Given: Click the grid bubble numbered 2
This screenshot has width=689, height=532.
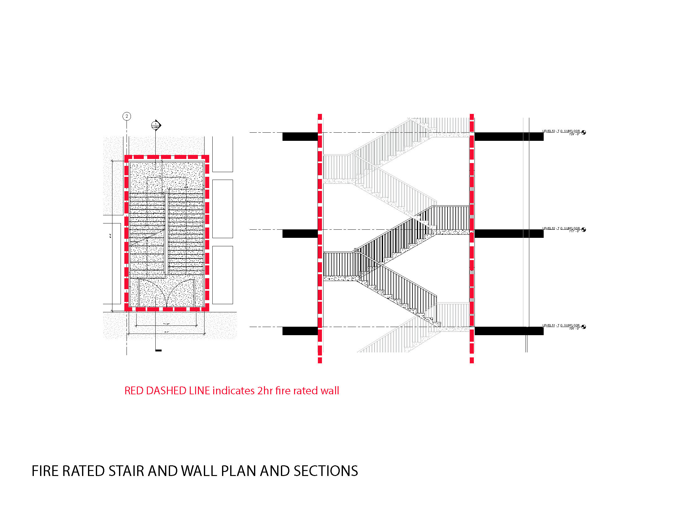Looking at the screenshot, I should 127,116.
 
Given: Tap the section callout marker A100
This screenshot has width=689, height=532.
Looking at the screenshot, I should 156,125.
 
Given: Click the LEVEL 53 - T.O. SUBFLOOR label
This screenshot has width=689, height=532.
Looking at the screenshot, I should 561,131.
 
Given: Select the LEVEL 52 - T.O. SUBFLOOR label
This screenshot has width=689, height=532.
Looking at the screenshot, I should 561,228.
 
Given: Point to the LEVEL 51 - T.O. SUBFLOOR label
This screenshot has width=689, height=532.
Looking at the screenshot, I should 561,325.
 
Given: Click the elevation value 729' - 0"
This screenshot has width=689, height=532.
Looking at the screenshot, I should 574,134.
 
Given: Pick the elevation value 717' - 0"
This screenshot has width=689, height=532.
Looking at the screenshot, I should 574,231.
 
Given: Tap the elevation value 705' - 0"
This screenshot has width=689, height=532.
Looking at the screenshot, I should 574,328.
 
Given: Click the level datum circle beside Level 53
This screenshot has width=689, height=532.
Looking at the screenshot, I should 584,132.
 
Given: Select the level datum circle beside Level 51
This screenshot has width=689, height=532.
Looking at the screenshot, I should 584,327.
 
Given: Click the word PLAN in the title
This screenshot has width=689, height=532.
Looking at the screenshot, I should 239,471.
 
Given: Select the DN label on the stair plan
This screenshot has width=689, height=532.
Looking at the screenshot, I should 186,187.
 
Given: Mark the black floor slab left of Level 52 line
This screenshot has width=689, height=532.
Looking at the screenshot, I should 300,233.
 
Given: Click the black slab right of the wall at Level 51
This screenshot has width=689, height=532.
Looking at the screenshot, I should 509,330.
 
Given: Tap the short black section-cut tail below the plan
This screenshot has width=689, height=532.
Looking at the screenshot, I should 158,350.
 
